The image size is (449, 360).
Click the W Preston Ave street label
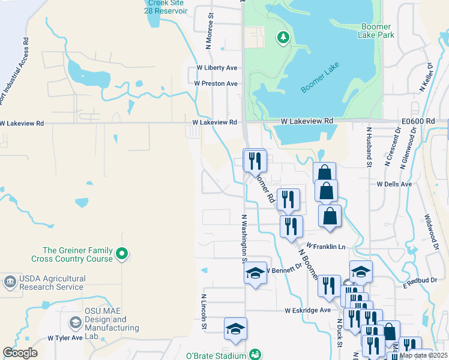point(215,83)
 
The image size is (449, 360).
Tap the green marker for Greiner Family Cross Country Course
point(122,254)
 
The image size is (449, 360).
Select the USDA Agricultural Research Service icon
point(10,281)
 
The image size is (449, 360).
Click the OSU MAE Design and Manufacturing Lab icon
point(75,322)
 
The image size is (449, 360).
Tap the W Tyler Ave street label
point(65,338)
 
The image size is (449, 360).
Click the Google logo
point(20,352)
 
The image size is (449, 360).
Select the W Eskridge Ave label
point(307,310)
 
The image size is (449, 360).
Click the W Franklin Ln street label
point(325,246)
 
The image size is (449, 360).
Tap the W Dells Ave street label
point(394,184)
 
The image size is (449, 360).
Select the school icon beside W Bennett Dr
point(255,273)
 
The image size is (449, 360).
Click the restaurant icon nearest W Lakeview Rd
point(255,160)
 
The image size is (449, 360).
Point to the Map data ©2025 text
point(423,355)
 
